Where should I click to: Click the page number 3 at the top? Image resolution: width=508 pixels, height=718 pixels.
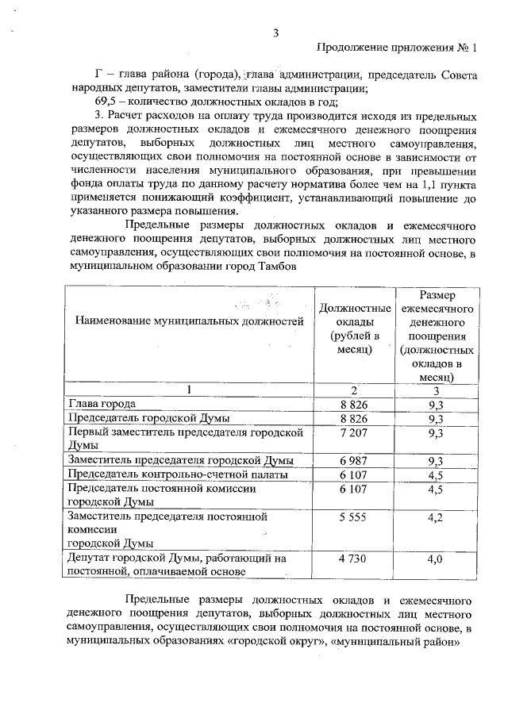click(275, 33)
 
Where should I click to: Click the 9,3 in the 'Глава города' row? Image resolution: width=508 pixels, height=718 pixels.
click(435, 405)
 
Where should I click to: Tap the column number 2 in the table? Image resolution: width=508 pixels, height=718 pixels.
click(354, 390)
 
